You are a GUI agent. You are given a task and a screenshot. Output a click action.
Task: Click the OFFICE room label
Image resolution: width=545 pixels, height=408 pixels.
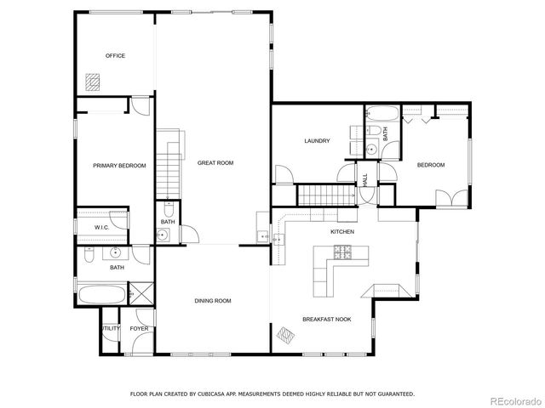pos(115,56)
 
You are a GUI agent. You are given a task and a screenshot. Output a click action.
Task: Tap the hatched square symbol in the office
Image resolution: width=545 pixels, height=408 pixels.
pos(92,81)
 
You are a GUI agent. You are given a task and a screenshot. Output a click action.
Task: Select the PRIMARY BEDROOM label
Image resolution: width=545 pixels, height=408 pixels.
pos(119,166)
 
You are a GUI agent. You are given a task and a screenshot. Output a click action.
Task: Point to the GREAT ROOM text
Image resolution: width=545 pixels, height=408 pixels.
pos(215,162)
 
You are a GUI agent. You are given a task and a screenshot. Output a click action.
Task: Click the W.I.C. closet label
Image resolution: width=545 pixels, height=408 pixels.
pos(100,228)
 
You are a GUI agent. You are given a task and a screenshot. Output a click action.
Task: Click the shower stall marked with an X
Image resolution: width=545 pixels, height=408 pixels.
pos(142,296)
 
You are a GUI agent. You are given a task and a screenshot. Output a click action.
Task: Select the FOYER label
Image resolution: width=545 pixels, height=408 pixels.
pos(139,328)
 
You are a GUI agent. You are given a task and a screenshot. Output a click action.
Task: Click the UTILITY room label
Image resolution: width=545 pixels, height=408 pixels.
pos(111,328)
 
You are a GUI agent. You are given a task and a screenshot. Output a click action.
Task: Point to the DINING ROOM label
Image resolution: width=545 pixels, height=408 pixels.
pos(213,300)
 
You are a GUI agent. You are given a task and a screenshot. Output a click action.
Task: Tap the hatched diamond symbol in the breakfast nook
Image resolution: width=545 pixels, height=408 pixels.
pos(286,334)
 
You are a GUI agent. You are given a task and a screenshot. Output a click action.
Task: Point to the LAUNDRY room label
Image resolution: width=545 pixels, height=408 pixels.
pos(317,141)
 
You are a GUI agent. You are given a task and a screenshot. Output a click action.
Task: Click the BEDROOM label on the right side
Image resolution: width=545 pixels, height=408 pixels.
pos(430,165)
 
